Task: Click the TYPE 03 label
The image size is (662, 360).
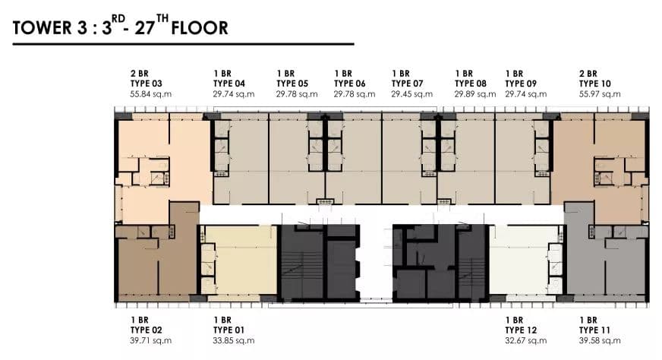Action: (146, 84)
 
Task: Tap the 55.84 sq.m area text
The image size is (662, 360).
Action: (151, 94)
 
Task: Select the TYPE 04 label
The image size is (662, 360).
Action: (229, 84)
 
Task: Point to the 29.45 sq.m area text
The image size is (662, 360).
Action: (411, 94)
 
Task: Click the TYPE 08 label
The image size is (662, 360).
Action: (471, 84)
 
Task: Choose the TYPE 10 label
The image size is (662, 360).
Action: (595, 84)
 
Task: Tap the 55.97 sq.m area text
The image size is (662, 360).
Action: (600, 94)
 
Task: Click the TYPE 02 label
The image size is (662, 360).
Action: (146, 330)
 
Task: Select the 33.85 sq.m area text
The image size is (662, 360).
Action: (234, 340)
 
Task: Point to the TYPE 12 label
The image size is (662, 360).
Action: (521, 330)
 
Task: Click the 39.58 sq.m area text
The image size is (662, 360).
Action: (600, 340)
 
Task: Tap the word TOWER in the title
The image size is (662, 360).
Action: (43, 28)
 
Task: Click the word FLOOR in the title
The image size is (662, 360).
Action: (200, 28)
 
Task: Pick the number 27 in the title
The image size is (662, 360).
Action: (145, 28)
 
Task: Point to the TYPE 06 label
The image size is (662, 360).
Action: (349, 84)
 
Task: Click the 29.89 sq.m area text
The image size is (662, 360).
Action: (475, 94)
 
